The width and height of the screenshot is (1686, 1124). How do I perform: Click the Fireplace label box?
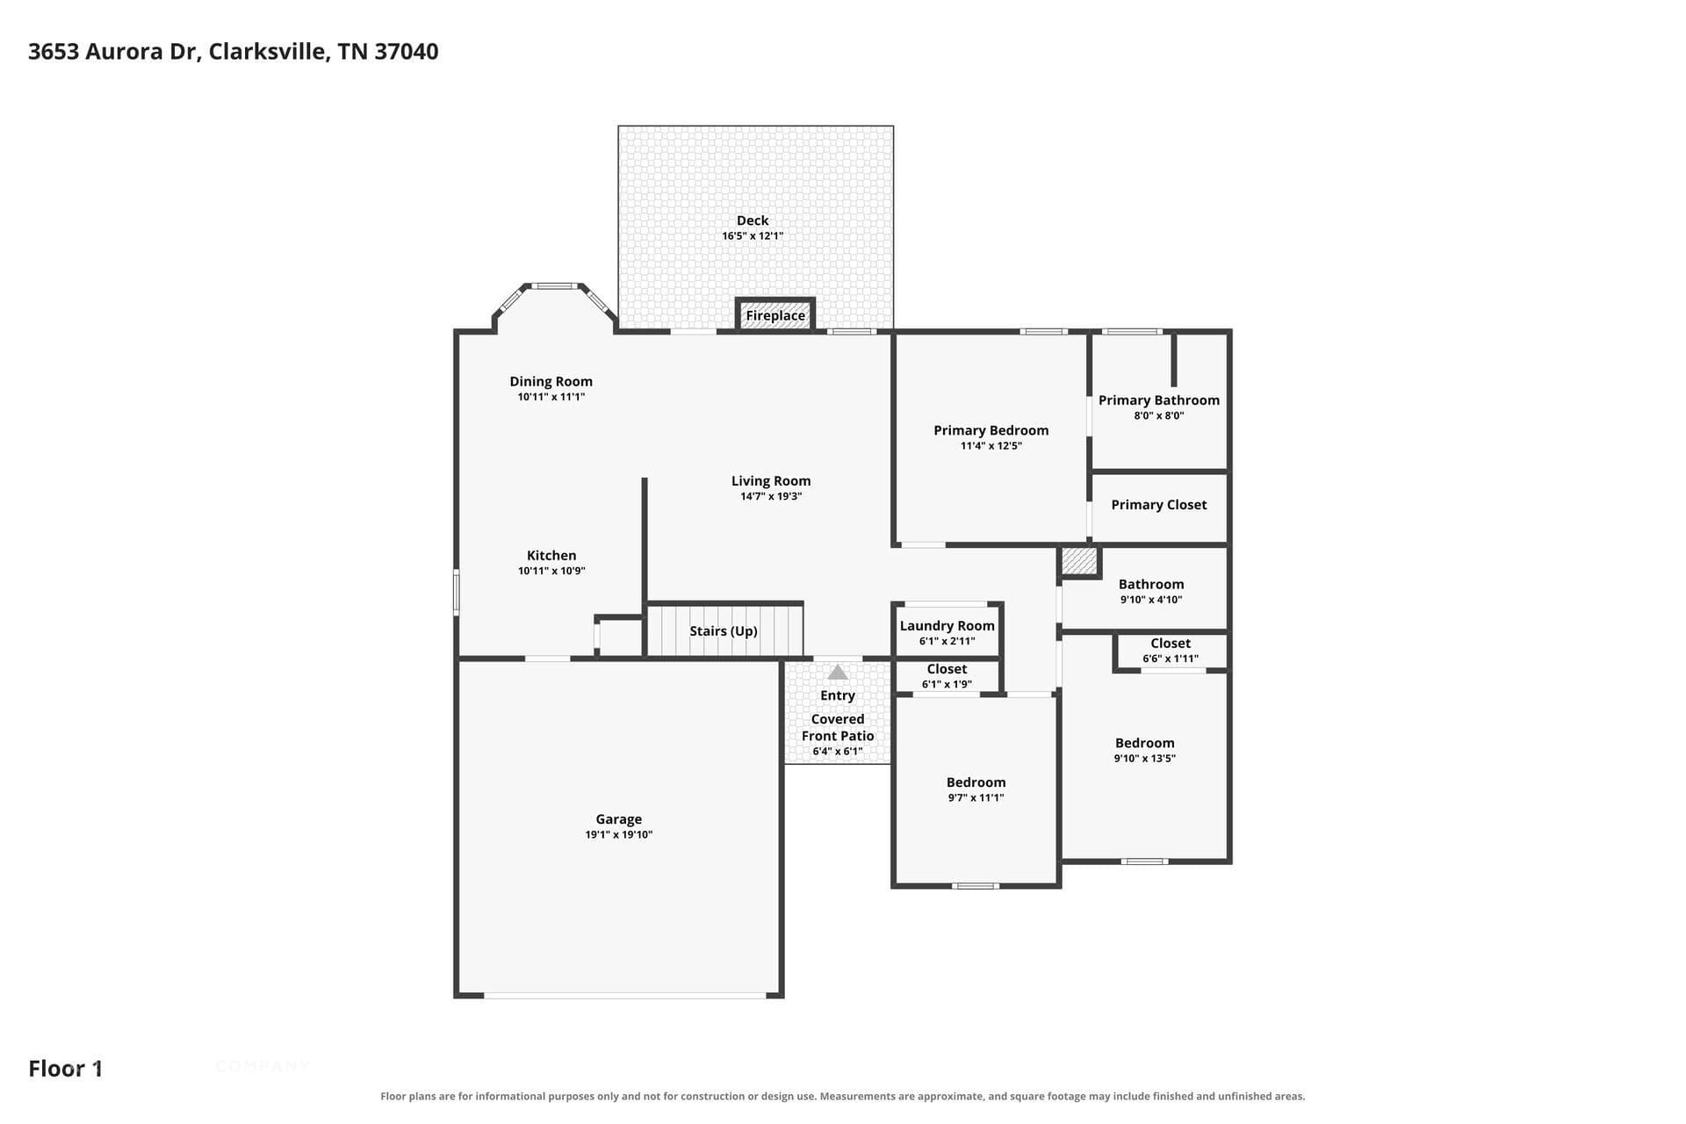(x=775, y=315)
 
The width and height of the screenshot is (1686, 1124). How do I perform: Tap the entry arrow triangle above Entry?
(x=838, y=673)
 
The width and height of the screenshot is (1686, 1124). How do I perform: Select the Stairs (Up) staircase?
(x=724, y=630)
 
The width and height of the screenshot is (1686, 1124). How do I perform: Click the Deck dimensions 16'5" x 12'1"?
(x=753, y=236)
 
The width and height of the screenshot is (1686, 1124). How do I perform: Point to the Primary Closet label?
(x=1159, y=505)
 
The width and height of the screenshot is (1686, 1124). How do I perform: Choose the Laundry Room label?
(x=947, y=626)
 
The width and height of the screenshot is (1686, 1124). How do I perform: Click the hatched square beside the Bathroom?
(x=1079, y=561)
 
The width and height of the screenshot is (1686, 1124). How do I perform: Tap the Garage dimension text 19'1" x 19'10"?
(x=619, y=835)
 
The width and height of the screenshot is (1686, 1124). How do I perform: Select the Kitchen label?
(x=551, y=556)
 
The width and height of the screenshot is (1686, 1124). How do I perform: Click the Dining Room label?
(x=551, y=382)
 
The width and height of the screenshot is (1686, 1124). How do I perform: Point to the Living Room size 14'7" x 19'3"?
(x=771, y=497)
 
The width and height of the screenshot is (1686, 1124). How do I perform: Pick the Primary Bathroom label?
(x=1159, y=400)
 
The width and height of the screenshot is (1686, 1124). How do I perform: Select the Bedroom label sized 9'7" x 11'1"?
(x=976, y=782)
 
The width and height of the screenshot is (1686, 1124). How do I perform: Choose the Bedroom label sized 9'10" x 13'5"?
(x=1144, y=743)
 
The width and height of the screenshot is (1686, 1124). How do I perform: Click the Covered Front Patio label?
(x=838, y=727)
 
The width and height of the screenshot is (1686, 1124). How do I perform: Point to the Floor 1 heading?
(x=66, y=1069)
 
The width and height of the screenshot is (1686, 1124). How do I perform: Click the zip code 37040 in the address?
(x=407, y=52)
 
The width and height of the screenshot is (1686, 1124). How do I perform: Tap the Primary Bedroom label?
(x=991, y=430)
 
